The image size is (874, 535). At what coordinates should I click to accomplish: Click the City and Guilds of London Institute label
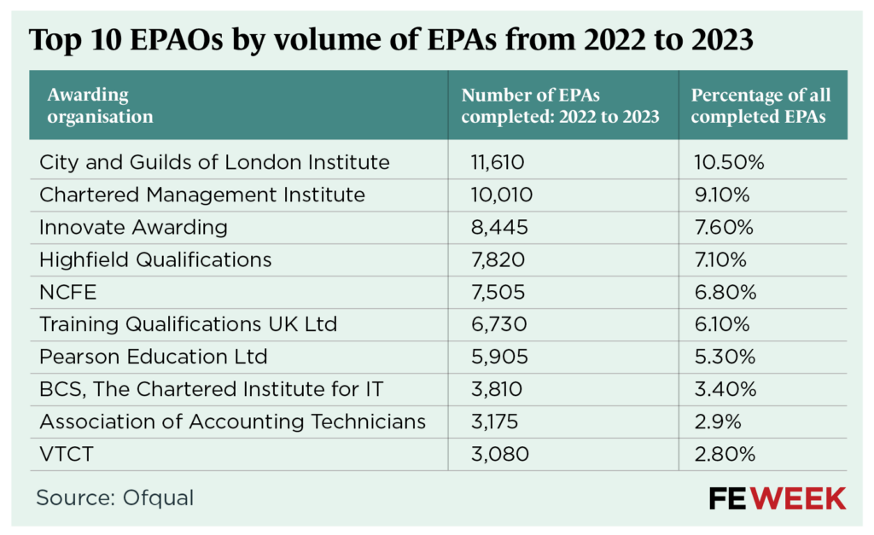(x=214, y=162)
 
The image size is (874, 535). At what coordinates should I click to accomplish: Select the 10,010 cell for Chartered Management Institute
(x=502, y=195)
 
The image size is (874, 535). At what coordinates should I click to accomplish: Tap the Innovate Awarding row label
(x=133, y=227)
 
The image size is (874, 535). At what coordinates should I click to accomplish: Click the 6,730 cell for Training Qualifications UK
(x=500, y=324)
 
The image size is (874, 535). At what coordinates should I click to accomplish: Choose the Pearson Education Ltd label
(x=154, y=357)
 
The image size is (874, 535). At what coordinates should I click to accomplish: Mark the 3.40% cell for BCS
(x=724, y=390)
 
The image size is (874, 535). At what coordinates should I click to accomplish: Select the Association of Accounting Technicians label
(x=232, y=422)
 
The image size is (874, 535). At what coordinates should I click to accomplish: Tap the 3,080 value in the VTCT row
(x=500, y=454)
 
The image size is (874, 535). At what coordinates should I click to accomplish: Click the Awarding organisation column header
(x=100, y=106)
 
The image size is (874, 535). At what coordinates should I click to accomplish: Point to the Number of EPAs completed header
(x=560, y=106)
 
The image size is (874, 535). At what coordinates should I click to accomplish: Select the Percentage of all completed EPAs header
(x=760, y=106)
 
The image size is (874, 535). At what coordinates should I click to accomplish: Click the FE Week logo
(x=777, y=498)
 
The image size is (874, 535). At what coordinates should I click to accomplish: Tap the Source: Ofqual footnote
(x=114, y=497)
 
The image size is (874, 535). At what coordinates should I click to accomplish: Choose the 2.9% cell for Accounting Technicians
(x=717, y=422)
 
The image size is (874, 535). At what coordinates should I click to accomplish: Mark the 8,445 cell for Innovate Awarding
(x=500, y=227)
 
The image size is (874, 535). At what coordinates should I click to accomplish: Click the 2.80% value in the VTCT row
(x=723, y=454)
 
